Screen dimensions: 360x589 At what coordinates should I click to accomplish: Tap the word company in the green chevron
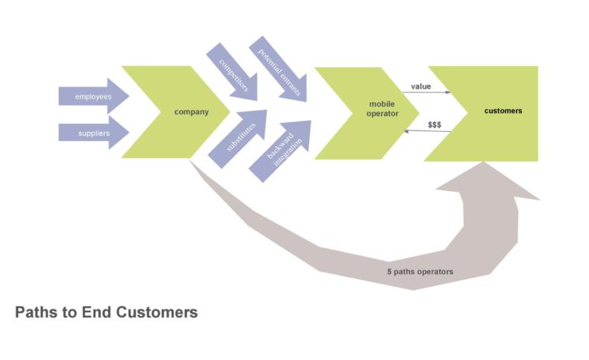click(191, 112)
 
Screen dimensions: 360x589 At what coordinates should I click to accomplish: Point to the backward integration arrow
click(281, 150)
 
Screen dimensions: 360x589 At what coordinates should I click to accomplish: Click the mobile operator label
click(382, 108)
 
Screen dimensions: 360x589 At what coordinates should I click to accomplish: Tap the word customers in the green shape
click(503, 110)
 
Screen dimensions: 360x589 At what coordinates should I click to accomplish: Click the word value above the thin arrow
click(421, 86)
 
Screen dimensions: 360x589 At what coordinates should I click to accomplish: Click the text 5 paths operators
click(420, 272)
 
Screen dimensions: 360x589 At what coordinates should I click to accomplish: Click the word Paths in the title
click(36, 312)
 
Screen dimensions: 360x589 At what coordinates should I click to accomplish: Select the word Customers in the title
click(157, 312)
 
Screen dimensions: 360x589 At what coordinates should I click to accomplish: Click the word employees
click(93, 96)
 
